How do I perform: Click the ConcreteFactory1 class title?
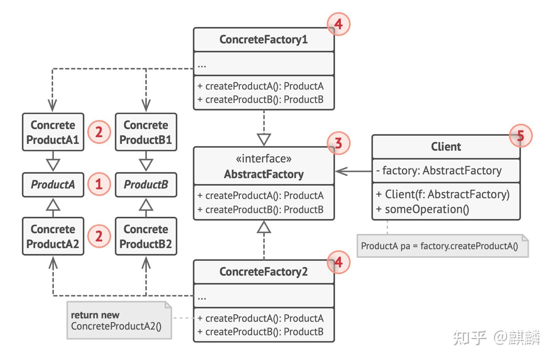click(263, 39)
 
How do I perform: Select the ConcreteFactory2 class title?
click(263, 272)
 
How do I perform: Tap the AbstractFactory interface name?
click(264, 174)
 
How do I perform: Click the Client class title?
click(446, 147)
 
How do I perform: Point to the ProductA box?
click(53, 185)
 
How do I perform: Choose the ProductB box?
click(146, 185)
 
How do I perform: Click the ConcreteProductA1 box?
click(53, 132)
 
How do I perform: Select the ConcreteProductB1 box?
click(146, 132)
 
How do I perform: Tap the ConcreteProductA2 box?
click(53, 236)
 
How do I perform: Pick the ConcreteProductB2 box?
click(146, 236)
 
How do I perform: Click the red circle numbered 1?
click(99, 184)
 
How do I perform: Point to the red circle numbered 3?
click(338, 143)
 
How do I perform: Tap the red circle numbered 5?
click(521, 136)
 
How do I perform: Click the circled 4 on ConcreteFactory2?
click(338, 262)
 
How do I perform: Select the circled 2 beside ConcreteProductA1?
click(99, 132)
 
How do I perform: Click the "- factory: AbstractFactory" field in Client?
click(439, 171)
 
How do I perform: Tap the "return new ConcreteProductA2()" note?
click(119, 320)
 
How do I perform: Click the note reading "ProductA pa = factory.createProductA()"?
click(443, 246)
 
